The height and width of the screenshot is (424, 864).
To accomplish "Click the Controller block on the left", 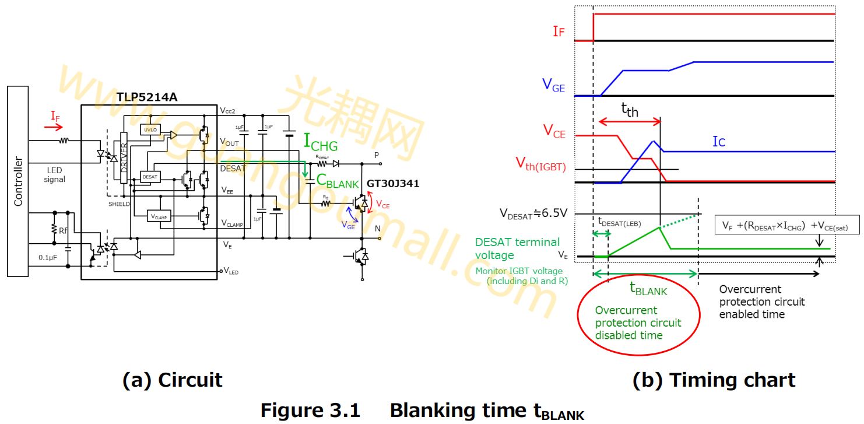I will (18, 181).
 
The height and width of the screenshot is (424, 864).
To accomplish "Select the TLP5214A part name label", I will (146, 97).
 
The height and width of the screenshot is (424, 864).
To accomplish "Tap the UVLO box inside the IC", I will (150, 129).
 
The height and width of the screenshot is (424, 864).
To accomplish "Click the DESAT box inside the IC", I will (149, 176).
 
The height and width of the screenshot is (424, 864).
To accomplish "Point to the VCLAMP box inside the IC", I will (159, 216).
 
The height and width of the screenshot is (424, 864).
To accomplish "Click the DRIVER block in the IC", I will (124, 157).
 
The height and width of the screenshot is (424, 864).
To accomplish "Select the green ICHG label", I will (321, 142).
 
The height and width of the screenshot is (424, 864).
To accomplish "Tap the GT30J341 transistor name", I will (392, 184).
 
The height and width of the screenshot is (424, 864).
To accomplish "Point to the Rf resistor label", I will (63, 231).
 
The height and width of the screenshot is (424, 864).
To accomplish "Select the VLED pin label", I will (230, 271).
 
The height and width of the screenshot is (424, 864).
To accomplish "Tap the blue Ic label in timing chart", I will (719, 142).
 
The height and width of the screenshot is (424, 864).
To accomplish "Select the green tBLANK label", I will (648, 288).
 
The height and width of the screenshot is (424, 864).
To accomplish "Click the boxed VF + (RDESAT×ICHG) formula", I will (787, 225).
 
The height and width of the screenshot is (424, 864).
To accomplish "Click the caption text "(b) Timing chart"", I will (714, 380).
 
